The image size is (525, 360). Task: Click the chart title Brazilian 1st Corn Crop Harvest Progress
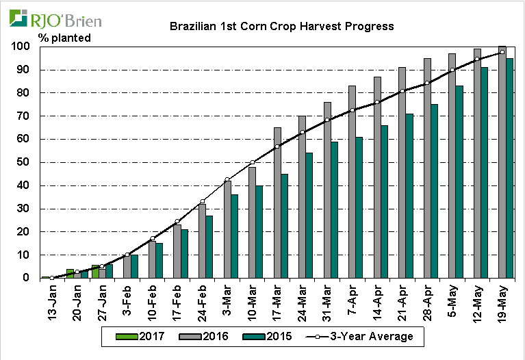coord(281,27)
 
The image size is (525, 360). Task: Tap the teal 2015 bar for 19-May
coord(510,168)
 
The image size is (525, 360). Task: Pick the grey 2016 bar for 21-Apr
coord(402,172)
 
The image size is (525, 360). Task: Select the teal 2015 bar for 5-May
coord(459,182)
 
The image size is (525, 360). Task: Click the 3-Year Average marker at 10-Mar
coord(253,162)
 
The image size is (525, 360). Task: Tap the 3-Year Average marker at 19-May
coord(502,52)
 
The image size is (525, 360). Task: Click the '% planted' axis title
coord(64,38)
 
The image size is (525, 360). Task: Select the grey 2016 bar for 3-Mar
coord(227,229)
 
